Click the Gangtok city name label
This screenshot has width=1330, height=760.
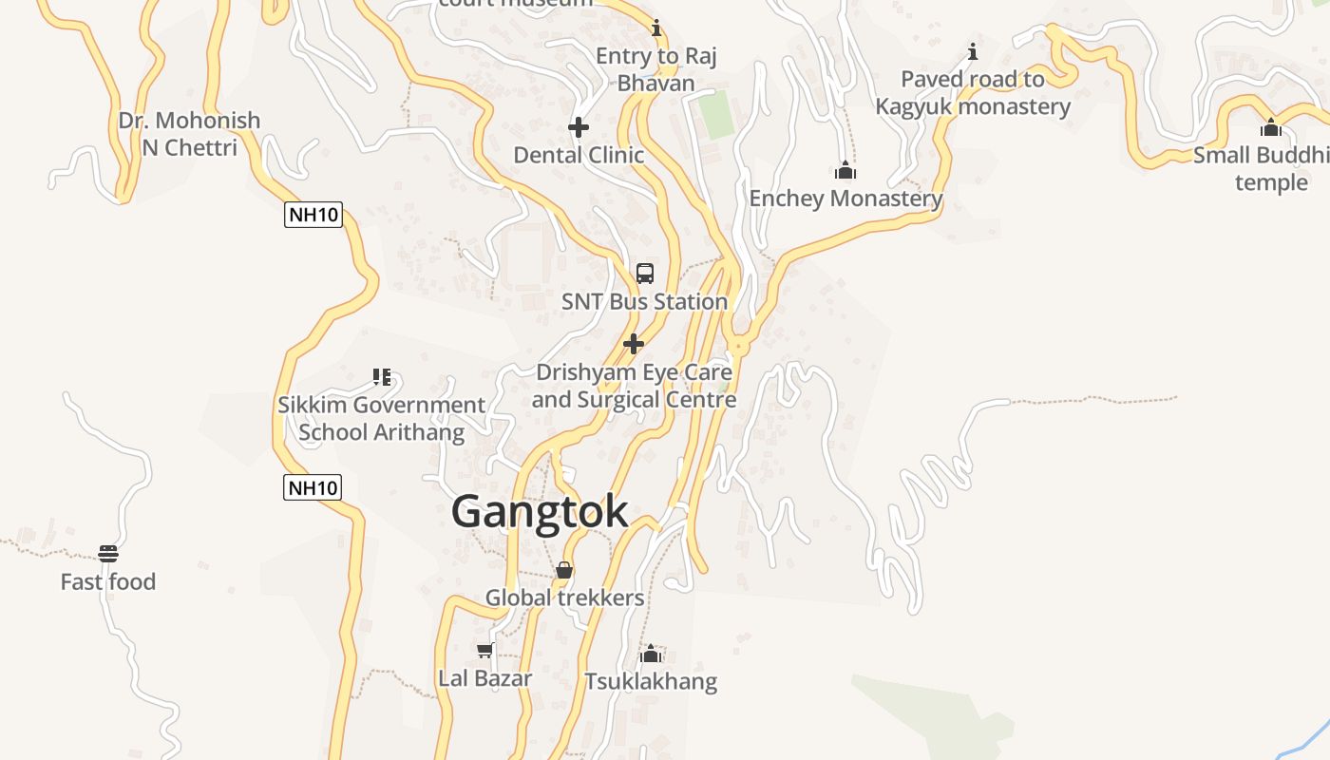(x=539, y=512)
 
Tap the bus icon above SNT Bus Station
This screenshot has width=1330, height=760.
(x=645, y=274)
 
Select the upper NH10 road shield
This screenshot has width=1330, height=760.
(x=313, y=215)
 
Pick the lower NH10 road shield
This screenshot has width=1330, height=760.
(x=312, y=488)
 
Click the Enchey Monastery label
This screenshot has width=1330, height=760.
(x=845, y=199)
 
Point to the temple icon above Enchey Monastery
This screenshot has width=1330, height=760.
(x=845, y=170)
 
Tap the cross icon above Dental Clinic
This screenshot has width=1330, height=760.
(x=578, y=126)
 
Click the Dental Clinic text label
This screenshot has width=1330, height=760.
(x=579, y=155)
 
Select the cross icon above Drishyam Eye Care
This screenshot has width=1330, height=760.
(x=634, y=344)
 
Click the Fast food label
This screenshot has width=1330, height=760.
(x=108, y=581)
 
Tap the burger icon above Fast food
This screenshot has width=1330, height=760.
(x=108, y=554)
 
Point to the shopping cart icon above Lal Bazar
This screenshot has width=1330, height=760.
(x=484, y=651)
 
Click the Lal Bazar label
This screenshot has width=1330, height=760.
(x=484, y=678)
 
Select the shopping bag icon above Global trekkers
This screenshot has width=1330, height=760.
(x=564, y=570)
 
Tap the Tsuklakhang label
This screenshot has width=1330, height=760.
(x=651, y=681)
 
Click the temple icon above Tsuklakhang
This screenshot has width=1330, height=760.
(x=651, y=654)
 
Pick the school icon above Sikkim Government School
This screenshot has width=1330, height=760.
(x=382, y=377)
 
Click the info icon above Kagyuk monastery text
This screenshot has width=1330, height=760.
(x=972, y=51)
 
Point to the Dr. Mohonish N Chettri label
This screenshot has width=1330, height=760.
(x=189, y=134)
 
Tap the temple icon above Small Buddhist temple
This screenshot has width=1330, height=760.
(x=1271, y=127)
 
